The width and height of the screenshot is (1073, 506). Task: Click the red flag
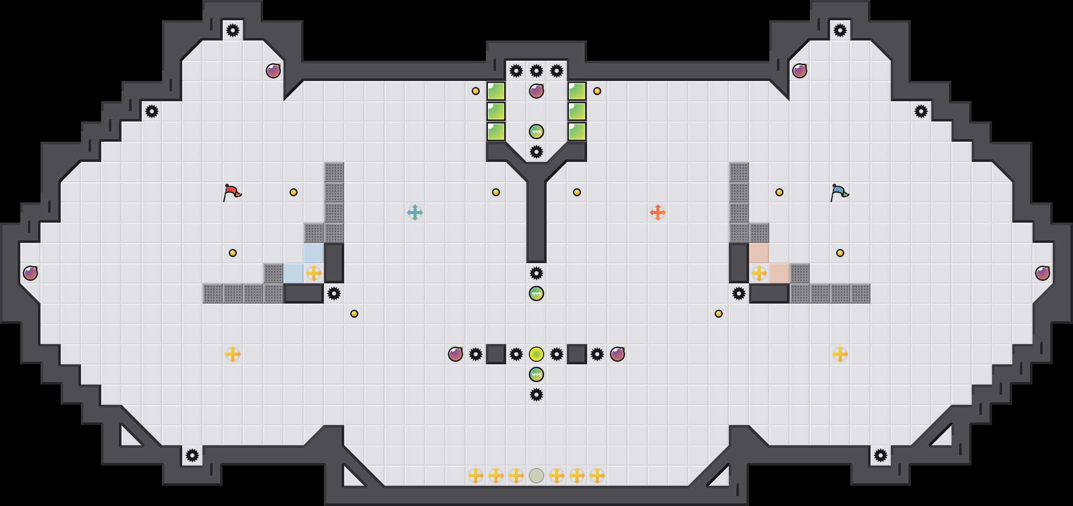point(232,192)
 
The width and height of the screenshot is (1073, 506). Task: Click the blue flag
point(839,192)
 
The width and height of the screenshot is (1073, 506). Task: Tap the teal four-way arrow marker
point(415,213)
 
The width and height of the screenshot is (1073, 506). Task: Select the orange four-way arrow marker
point(657,213)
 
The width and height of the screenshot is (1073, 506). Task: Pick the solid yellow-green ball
point(536,354)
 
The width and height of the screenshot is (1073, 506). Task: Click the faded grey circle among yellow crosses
point(536,476)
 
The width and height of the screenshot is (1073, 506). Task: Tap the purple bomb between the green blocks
point(536,91)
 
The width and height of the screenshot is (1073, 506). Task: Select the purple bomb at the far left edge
point(30,273)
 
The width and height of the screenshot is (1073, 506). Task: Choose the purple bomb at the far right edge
point(1043,273)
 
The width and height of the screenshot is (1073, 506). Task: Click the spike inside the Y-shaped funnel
point(536,152)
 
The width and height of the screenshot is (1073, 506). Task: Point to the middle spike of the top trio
point(536,71)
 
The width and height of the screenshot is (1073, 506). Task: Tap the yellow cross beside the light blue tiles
point(314,273)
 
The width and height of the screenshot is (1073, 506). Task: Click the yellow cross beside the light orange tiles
point(759,273)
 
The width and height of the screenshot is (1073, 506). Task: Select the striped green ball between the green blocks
point(536,132)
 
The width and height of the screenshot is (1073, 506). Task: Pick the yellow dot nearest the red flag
point(294,192)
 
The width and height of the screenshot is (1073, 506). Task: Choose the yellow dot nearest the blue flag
point(779,192)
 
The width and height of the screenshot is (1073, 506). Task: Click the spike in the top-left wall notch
point(233,30)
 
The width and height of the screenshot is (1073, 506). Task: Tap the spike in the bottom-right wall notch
point(881,455)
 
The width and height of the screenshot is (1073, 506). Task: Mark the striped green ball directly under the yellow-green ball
point(536,374)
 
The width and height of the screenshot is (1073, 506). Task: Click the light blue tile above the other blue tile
point(314,253)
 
